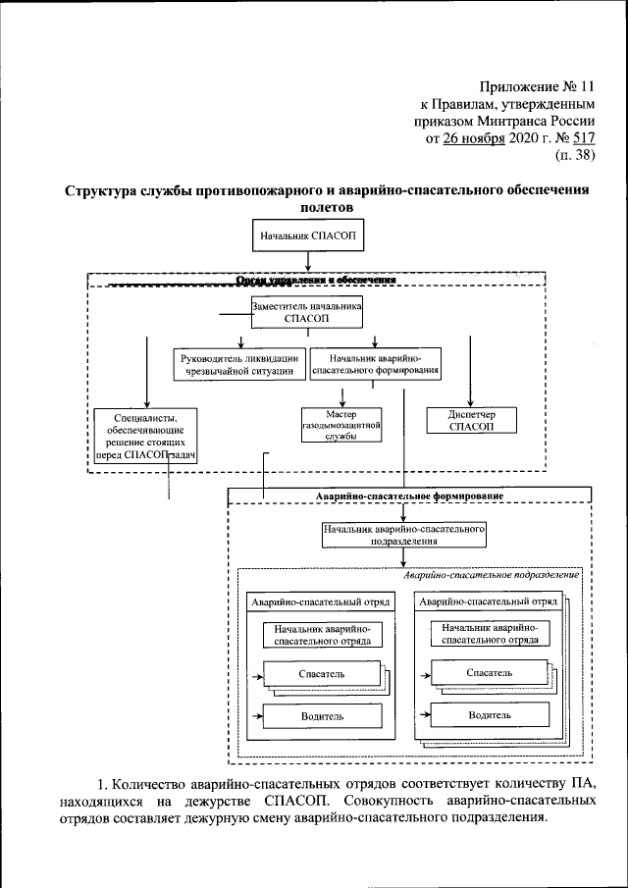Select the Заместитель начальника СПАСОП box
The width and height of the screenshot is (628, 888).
click(x=308, y=313)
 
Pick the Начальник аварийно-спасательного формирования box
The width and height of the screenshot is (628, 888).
click(x=375, y=364)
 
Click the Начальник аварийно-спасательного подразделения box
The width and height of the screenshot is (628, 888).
click(x=404, y=535)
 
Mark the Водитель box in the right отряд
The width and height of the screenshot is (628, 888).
click(x=489, y=715)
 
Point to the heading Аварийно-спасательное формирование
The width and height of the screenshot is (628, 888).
click(x=410, y=496)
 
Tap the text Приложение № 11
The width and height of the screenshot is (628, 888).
click(x=535, y=86)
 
